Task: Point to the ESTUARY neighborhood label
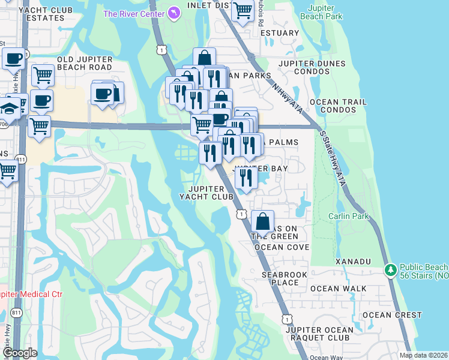point(280,33)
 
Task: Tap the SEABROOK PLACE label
point(280,278)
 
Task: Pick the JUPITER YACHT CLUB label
point(207,193)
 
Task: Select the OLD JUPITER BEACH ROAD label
point(85,64)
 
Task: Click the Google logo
point(19,353)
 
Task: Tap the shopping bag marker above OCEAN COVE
point(263,221)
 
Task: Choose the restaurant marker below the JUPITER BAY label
point(246,178)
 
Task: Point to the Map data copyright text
point(423,355)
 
